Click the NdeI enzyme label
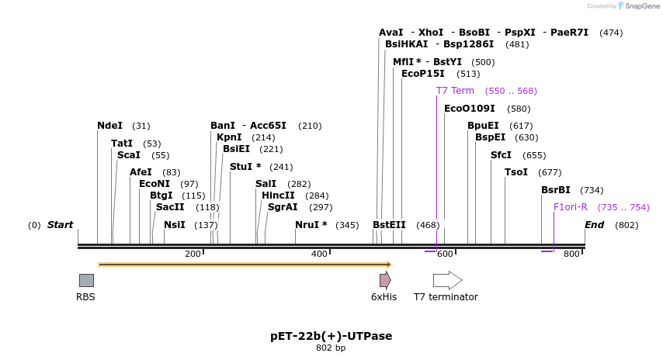pyautogui.click(x=109, y=126)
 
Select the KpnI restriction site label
pyautogui.click(x=229, y=137)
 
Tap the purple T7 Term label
pyautogui.click(x=455, y=91)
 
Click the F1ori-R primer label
pyautogui.click(x=570, y=207)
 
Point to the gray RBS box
pyautogui.click(x=86, y=280)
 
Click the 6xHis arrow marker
pyautogui.click(x=384, y=280)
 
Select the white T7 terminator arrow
pyautogui.click(x=447, y=280)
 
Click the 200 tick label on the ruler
pyautogui.click(x=193, y=254)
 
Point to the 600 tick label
pyautogui.click(x=445, y=254)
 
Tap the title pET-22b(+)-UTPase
pyautogui.click(x=331, y=336)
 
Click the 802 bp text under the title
pyautogui.click(x=331, y=348)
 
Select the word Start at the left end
pyautogui.click(x=60, y=225)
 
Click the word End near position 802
pyautogui.click(x=594, y=225)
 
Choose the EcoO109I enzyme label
pyautogui.click(x=469, y=109)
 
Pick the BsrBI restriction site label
pyautogui.click(x=556, y=190)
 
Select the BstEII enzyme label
pyautogui.click(x=389, y=225)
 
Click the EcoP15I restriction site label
pyautogui.click(x=423, y=74)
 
